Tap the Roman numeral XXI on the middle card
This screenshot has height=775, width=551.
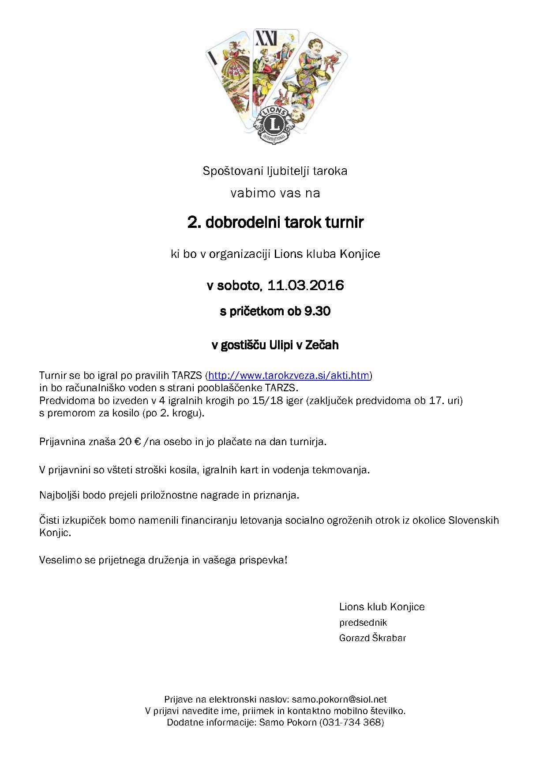coord(266,39)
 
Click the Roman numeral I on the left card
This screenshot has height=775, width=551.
coord(214,57)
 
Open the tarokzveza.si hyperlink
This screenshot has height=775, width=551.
coord(289,375)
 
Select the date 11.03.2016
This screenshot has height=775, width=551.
coord(306,285)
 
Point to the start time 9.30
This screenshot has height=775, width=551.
coord(317,311)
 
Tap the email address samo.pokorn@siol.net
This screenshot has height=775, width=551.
coord(339,699)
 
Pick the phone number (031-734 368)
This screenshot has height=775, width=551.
coord(352,722)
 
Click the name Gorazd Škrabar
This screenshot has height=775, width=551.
coord(372,638)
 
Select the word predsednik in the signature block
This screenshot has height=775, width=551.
coord(363,623)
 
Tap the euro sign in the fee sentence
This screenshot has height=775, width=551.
coord(137,442)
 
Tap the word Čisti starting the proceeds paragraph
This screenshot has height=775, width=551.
coord(49,520)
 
